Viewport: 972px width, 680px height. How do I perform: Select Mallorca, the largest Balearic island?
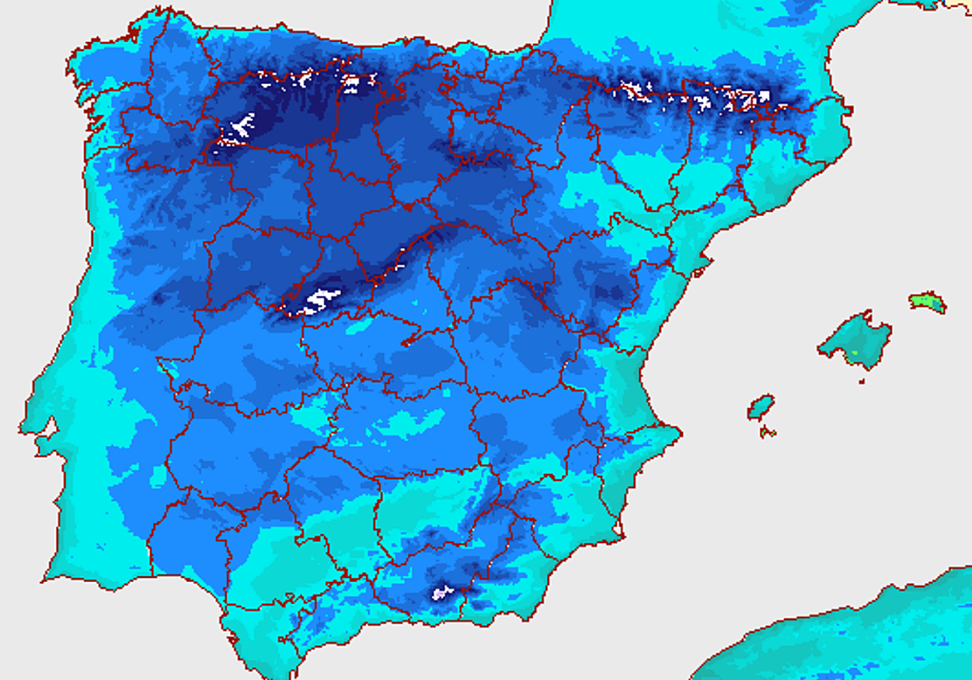pyautogui.click(x=857, y=340)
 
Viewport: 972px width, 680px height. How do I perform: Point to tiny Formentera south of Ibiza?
pyautogui.click(x=769, y=432)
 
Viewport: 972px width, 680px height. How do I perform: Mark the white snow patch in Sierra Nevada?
pyautogui.click(x=442, y=593)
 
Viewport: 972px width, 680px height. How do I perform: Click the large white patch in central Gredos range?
pyautogui.click(x=318, y=300)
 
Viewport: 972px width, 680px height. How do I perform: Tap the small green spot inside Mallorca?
pyautogui.click(x=853, y=354)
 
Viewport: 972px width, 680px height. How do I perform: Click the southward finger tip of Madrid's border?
pyautogui.click(x=405, y=343)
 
